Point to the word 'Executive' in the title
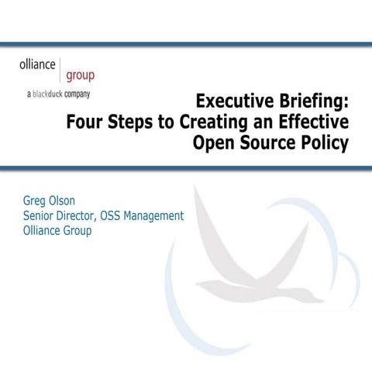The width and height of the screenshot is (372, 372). click(x=232, y=102)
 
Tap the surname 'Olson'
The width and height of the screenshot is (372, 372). click(x=76, y=201)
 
